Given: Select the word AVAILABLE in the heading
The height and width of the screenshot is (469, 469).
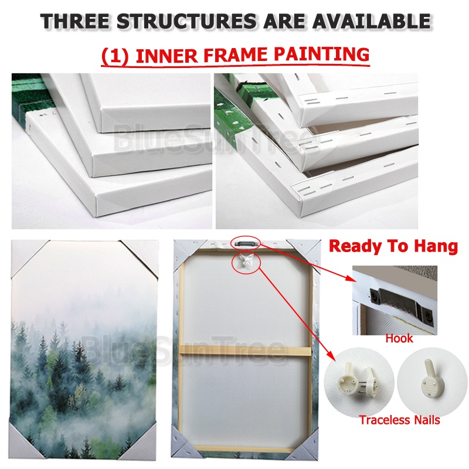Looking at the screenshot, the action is [371, 21].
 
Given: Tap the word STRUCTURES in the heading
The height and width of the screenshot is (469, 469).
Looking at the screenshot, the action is [186, 21].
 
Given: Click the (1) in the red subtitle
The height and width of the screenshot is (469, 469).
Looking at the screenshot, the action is [115, 56].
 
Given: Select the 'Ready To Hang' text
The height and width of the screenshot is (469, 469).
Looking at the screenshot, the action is [393, 246].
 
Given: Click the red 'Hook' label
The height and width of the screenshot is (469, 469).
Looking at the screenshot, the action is [399, 338].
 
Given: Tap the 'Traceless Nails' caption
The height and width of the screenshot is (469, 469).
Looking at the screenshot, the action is [399, 420].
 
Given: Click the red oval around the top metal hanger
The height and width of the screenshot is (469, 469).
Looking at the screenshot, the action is [246, 242].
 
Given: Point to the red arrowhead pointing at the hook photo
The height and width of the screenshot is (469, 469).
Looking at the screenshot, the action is [351, 277].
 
